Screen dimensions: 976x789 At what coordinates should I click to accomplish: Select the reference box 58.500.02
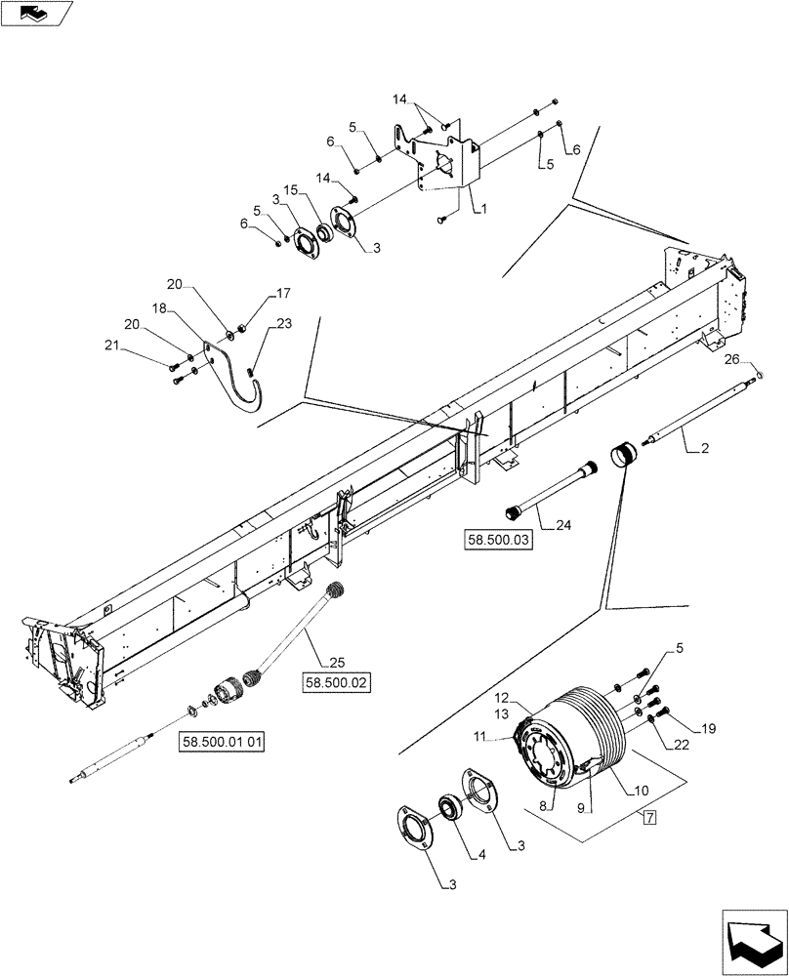337,683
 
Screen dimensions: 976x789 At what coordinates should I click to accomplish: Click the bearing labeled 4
451,808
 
